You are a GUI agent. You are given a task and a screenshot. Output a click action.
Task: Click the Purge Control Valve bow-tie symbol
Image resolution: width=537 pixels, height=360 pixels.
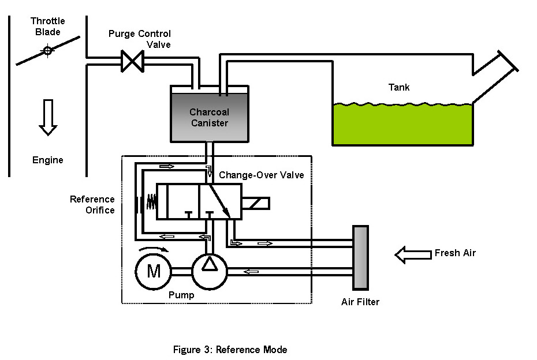(132, 61)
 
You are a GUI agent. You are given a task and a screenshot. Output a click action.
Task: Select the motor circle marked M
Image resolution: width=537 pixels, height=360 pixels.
(154, 270)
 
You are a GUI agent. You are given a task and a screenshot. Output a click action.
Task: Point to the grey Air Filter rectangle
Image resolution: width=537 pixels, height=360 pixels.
(361, 257)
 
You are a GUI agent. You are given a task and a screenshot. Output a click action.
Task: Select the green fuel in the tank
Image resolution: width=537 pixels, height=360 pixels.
(402, 124)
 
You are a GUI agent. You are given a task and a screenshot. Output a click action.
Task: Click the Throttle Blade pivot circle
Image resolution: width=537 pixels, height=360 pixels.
(47, 51)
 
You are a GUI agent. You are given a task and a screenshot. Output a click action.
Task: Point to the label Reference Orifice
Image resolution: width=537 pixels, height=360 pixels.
(92, 205)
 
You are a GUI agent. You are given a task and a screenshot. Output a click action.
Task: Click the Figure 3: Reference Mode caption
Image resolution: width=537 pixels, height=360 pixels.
(230, 350)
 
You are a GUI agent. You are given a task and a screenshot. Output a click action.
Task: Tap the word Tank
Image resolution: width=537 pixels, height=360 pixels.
(399, 88)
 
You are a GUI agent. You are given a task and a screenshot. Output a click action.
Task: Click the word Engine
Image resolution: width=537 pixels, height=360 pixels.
(48, 160)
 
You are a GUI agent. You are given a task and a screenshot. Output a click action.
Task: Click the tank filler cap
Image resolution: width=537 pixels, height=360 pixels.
(505, 60)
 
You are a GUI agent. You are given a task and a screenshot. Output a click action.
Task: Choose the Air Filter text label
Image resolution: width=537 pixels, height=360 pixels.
(360, 302)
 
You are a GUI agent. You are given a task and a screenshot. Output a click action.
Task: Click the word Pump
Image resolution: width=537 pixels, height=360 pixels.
(181, 295)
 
